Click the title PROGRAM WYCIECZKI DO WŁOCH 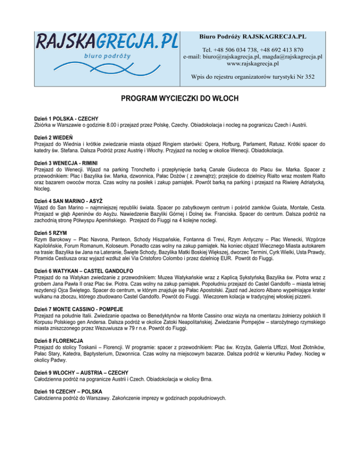[x=180, y=99]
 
